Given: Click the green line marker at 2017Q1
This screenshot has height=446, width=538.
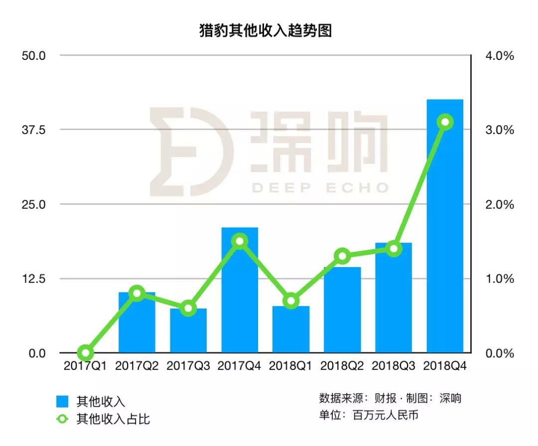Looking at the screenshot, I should pos(86,353).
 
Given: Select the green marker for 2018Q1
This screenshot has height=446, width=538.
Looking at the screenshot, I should pos(291,301).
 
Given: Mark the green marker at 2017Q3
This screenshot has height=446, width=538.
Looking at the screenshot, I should pos(188,308).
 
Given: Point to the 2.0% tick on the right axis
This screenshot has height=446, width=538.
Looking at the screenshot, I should pos(499,204).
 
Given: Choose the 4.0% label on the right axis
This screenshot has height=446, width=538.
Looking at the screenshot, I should pos(499,55).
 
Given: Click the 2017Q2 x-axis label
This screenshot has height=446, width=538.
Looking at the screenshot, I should pos(137,366).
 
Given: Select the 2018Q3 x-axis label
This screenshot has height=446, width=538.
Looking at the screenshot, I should pos(394,366).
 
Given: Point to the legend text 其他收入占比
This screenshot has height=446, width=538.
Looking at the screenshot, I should pos(113,419).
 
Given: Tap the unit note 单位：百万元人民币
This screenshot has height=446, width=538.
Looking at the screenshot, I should pos(369,415).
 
